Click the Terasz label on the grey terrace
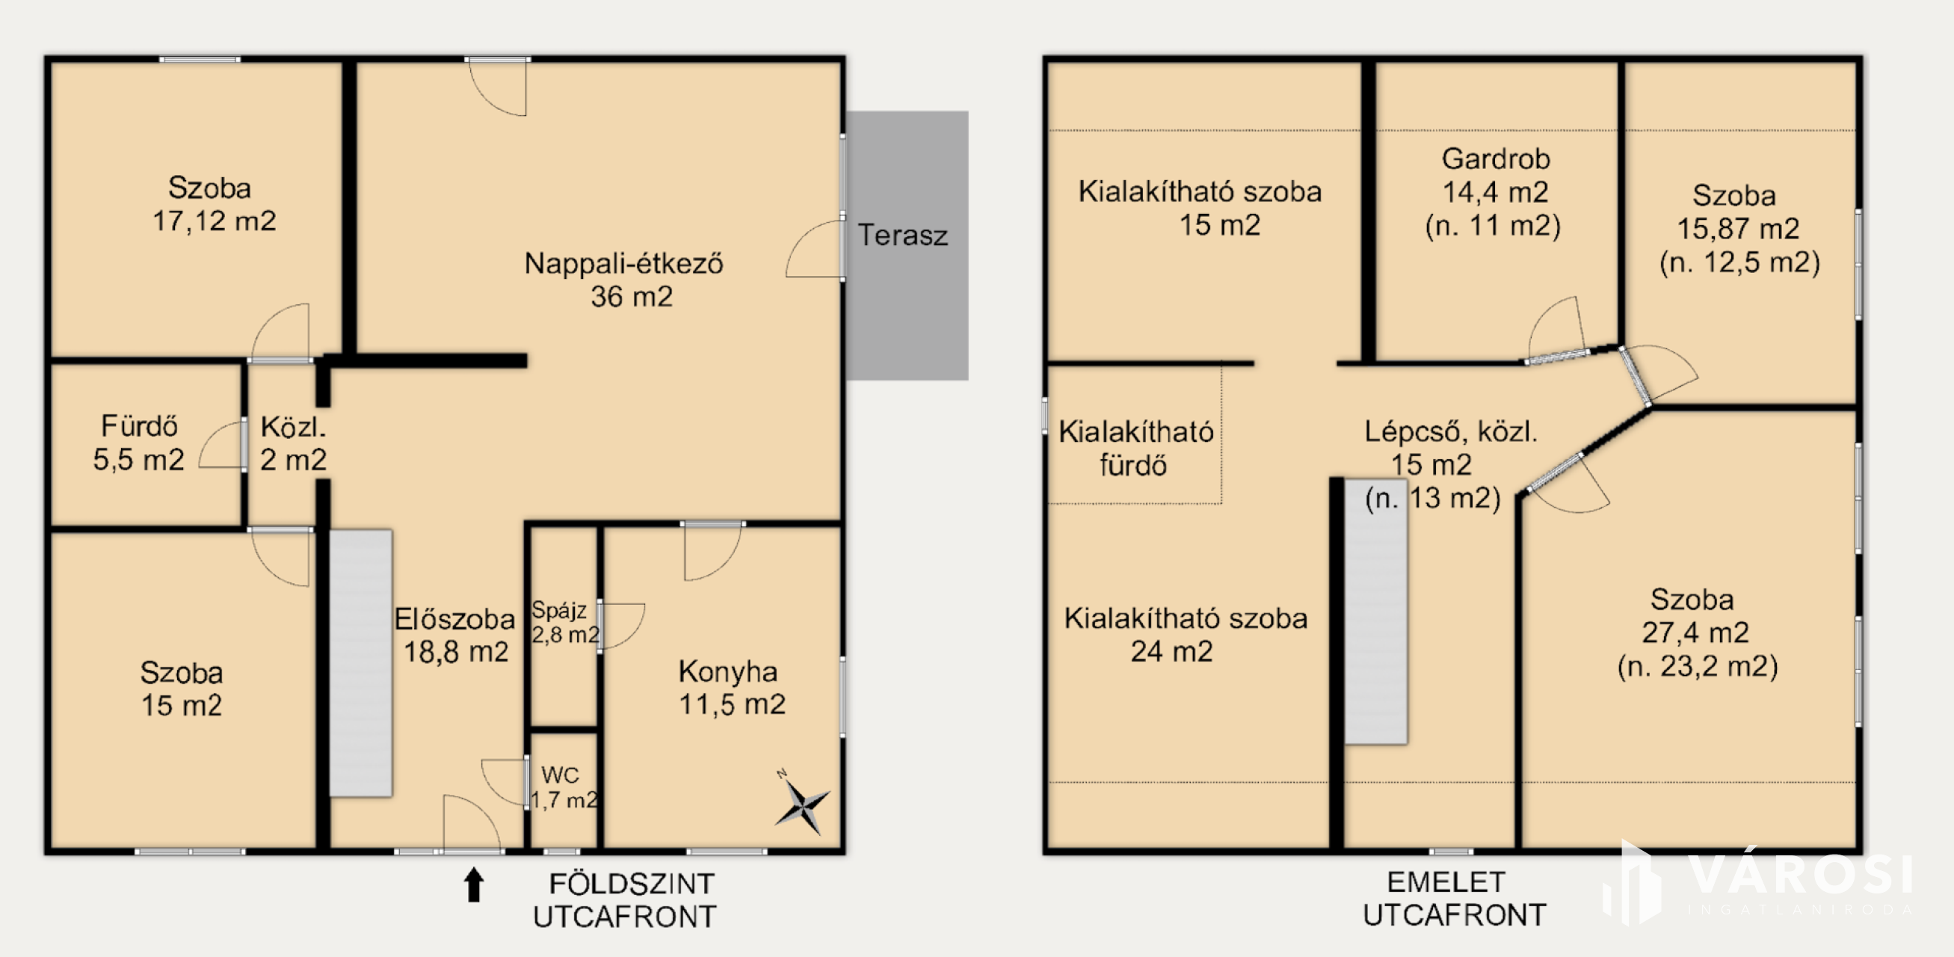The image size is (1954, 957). click(x=903, y=236)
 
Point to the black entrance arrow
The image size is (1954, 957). click(x=474, y=885)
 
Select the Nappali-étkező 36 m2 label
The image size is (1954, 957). click(x=624, y=280)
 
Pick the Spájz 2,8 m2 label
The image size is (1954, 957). click(x=565, y=621)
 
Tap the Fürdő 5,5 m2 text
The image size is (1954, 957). click(x=139, y=443)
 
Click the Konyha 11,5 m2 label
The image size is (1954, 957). click(x=731, y=688)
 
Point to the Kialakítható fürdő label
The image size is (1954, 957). click(x=1135, y=448)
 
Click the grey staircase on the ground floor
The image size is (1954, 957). click(x=360, y=662)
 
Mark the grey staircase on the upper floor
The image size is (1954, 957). click(x=1376, y=611)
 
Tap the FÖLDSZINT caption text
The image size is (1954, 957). click(x=631, y=884)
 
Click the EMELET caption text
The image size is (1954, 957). click(x=1446, y=883)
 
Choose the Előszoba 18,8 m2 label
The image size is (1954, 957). click(x=455, y=636)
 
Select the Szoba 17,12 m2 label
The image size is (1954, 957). click(x=214, y=204)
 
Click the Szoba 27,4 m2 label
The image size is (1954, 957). click(x=1697, y=633)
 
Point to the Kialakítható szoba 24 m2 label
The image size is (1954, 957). click(x=1186, y=635)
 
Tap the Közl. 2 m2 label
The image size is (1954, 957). click(x=293, y=443)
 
